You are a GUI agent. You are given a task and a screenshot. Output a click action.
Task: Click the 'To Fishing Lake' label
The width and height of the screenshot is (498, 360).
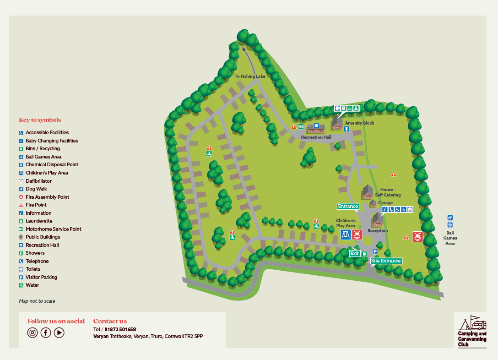(x=250, y=76)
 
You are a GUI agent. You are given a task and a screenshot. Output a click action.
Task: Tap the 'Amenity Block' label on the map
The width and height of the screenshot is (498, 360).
(x=359, y=123)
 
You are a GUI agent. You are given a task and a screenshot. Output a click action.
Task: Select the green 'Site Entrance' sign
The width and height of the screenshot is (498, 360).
(x=386, y=261)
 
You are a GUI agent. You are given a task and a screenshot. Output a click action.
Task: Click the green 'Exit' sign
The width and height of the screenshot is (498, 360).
(x=355, y=253)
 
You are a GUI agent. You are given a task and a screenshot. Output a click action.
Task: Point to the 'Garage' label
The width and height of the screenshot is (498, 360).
(x=385, y=203)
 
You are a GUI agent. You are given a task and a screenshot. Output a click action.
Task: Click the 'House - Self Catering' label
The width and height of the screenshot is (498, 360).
(x=388, y=192)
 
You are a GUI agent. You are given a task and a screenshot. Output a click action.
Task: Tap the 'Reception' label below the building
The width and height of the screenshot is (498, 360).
(x=378, y=231)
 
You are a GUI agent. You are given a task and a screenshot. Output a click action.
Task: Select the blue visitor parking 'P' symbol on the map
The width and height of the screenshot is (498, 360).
(x=374, y=252)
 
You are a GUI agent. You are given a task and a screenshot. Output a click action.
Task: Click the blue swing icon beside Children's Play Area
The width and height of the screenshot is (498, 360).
(x=346, y=235)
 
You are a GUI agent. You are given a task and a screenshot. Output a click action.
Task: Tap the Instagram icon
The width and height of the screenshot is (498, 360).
(x=32, y=333)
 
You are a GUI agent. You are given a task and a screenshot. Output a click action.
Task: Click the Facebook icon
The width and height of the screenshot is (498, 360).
(x=46, y=333)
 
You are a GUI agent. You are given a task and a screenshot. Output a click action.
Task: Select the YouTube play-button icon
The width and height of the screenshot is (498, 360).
(x=59, y=333)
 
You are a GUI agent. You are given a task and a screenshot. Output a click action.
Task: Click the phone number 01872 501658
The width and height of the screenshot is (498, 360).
(x=120, y=329)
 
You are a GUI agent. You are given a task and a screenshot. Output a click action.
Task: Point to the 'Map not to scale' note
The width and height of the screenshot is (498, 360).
(x=37, y=301)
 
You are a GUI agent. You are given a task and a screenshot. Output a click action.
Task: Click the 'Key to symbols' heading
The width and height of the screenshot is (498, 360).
(x=40, y=120)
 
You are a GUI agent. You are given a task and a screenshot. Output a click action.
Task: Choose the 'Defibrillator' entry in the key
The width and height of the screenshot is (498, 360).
(x=38, y=181)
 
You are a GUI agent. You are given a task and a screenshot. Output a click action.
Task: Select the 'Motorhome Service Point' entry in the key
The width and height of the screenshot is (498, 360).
(x=53, y=229)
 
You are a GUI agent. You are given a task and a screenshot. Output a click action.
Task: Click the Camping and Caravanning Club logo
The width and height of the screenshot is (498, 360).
(x=472, y=331)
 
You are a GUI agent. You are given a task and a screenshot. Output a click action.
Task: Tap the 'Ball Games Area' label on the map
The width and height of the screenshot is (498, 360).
(x=450, y=238)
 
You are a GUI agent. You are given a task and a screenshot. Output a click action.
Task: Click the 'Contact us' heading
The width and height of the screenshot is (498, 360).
(x=110, y=321)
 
